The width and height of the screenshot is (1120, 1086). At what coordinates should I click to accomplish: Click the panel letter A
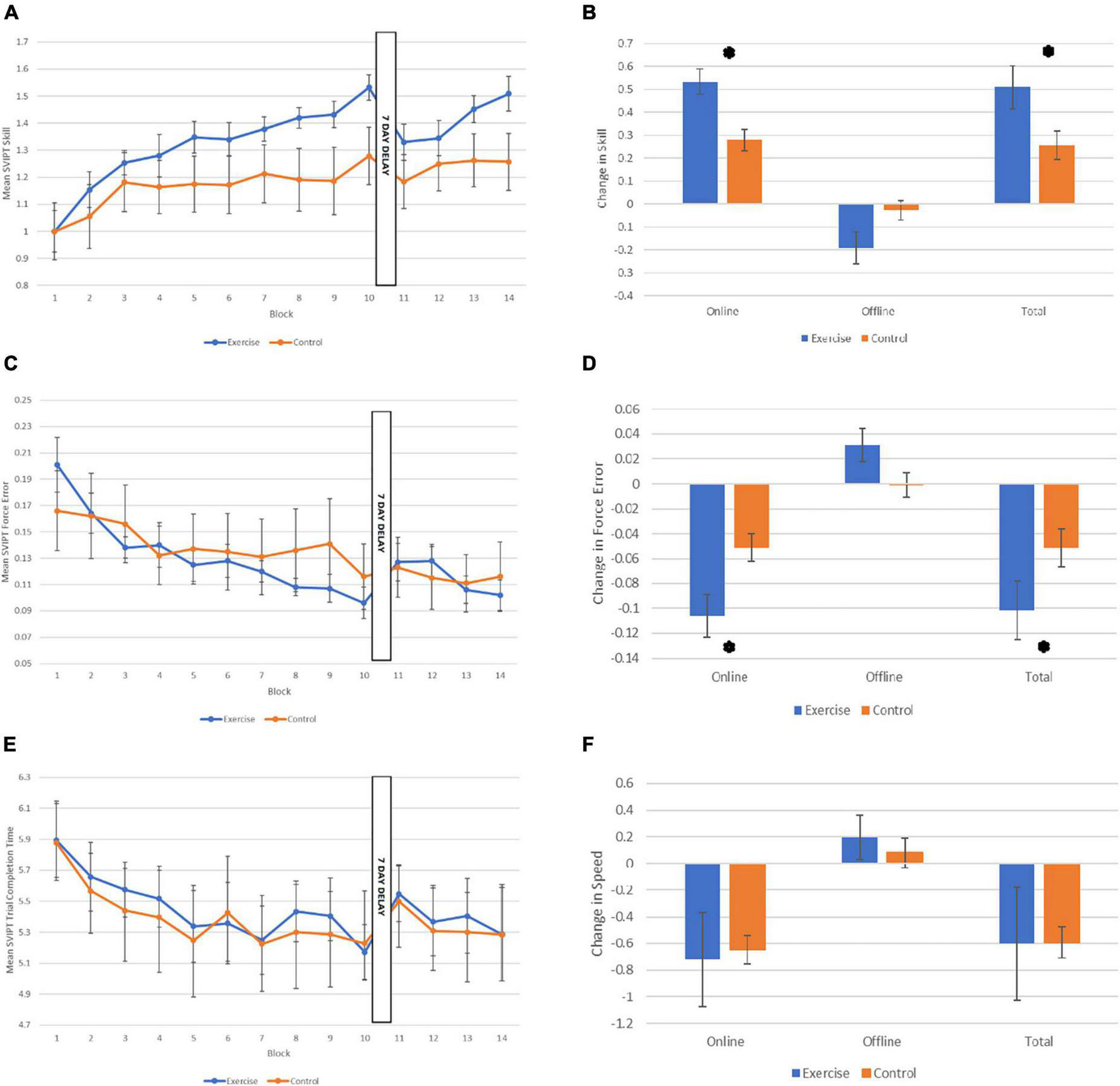click(11, 12)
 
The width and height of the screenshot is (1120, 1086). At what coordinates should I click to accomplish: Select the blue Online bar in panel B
click(700, 142)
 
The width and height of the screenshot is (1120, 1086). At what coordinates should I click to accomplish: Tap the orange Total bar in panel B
click(1056, 174)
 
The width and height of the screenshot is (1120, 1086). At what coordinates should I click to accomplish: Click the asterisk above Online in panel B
click(729, 53)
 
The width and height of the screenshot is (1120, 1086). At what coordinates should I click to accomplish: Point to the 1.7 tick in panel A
click(23, 42)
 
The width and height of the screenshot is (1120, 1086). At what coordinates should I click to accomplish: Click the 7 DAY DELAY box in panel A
click(386, 158)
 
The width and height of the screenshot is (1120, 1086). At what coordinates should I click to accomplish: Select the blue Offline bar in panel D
click(862, 464)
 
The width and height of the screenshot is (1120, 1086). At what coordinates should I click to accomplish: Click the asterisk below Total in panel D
click(1044, 646)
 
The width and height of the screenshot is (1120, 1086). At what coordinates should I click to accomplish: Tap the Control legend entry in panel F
click(888, 1073)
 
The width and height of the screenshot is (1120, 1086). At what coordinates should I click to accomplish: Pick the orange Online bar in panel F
click(747, 907)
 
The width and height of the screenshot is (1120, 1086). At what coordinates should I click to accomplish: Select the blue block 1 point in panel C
click(57, 464)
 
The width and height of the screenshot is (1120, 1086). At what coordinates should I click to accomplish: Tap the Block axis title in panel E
click(278, 1053)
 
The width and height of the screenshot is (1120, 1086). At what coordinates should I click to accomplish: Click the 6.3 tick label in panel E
click(24, 777)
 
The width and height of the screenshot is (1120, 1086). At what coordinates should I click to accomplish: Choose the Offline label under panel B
click(877, 311)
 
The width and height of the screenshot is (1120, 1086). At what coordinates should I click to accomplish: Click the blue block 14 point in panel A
click(508, 94)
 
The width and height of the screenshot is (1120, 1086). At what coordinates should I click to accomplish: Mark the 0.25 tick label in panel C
click(23, 400)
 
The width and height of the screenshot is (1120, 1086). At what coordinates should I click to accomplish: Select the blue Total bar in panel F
click(1016, 903)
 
